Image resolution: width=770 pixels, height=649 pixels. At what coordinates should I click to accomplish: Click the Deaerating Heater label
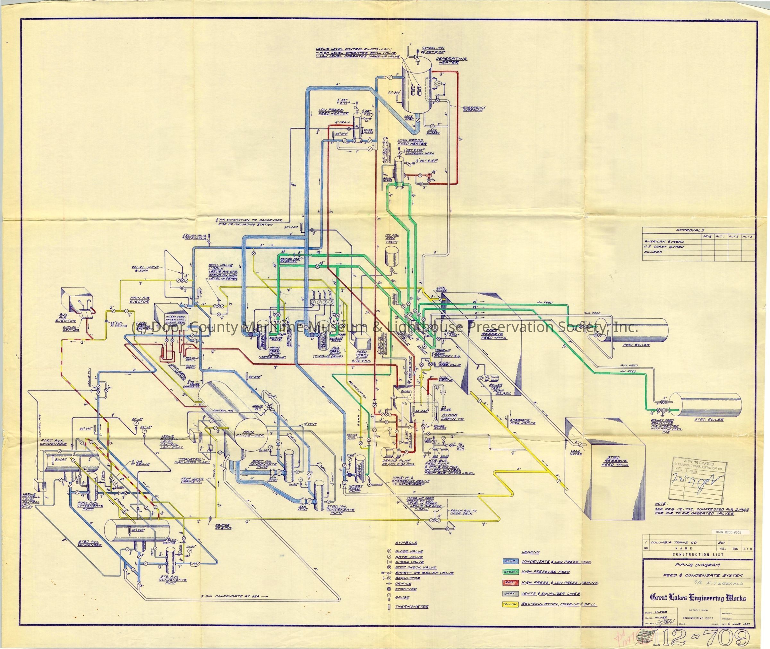click(x=446, y=60)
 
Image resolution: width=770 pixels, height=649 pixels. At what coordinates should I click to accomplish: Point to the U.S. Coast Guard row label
click(x=664, y=247)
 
